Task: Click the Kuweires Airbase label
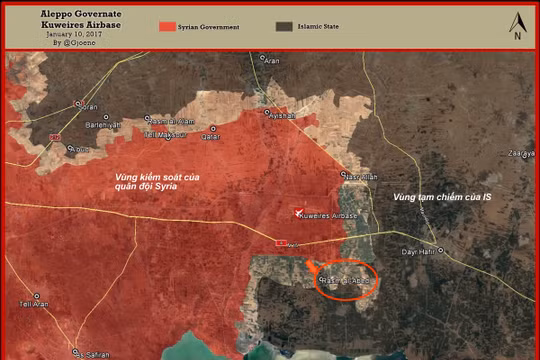329,214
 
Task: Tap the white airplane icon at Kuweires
298,210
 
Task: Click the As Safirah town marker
72,351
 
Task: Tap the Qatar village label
210,136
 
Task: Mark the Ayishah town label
282,115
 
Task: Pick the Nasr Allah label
363,175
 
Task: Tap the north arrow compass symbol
516,25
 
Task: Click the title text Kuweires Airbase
72,24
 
